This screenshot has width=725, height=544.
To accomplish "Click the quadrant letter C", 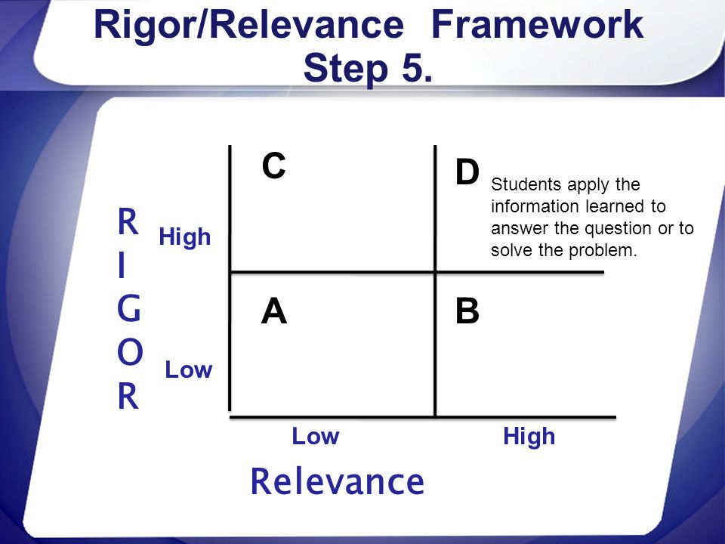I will tap(273, 166).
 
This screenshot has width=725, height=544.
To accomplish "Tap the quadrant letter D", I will tap(467, 173).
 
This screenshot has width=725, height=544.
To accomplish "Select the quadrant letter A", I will tap(274, 311).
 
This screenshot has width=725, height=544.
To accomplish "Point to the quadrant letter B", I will tap(467, 312).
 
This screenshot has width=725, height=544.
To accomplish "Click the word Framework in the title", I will tap(537, 26).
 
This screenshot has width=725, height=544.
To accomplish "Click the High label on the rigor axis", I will tap(184, 239).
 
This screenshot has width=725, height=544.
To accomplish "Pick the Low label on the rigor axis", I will tap(189, 371).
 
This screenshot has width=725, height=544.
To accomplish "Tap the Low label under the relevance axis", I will tap(316, 437).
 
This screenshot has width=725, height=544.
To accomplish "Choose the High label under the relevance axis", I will tap(529, 437).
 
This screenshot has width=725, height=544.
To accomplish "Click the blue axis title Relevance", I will tap(337, 481).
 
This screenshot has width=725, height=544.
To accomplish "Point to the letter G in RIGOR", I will tap(128, 311).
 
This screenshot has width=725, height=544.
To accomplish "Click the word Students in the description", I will tap(521, 184).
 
